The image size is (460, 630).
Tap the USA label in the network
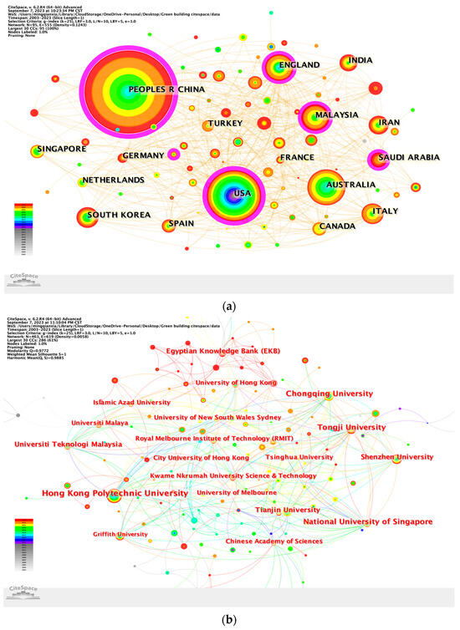click(242, 194)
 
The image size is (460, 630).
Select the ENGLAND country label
click(300, 65)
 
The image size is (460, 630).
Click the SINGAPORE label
click(61, 150)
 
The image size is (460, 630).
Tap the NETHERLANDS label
click(112, 180)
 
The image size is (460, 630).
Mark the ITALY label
click(385, 211)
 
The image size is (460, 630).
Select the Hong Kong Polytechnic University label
click(115, 494)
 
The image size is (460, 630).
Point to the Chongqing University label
click(329, 394)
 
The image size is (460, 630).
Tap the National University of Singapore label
click(368, 521)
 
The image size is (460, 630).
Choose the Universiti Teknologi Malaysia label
click(69, 444)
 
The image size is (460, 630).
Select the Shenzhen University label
click(396, 457)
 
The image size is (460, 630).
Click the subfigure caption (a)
click(229, 307)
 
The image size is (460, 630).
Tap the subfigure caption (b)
click(229, 619)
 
